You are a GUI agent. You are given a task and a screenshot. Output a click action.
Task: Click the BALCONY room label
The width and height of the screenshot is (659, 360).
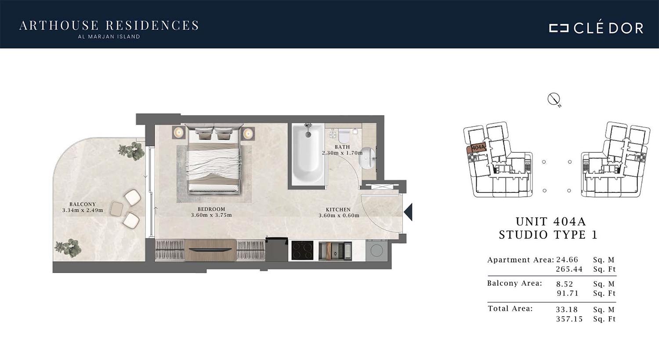pyautogui.click(x=83, y=204)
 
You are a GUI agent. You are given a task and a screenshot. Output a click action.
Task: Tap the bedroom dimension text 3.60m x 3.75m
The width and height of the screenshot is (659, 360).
pyautogui.click(x=211, y=215)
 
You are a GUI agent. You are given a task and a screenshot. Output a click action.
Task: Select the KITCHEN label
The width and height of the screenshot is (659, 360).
pyautogui.click(x=338, y=210)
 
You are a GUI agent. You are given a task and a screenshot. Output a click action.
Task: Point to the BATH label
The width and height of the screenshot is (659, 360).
pyautogui.click(x=342, y=147)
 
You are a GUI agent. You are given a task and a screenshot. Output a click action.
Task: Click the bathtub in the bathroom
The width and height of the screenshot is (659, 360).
pyautogui.click(x=308, y=155)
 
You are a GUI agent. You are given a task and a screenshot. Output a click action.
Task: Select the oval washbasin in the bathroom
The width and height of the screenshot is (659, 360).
pyautogui.click(x=367, y=158)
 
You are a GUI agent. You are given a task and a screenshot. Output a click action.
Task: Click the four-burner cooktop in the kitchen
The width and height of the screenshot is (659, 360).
pyautogui.click(x=302, y=251)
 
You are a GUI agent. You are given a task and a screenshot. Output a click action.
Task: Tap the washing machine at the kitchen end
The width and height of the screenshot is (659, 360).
pyautogui.click(x=377, y=251)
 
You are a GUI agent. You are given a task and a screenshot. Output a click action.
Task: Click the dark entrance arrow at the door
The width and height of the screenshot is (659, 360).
pyautogui.click(x=408, y=212)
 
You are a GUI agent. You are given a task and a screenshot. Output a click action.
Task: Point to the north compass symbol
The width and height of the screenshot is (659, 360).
pyautogui.click(x=554, y=100)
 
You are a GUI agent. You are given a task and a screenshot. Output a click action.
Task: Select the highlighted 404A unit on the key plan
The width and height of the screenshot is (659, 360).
pyautogui.click(x=476, y=148)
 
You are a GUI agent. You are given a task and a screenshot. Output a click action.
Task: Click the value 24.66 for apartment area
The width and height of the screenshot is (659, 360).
pyautogui.click(x=567, y=260)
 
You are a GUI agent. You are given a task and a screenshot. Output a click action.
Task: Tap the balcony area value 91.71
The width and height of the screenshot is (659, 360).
pyautogui.click(x=568, y=293)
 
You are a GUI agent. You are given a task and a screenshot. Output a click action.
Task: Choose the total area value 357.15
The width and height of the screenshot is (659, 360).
pyautogui.click(x=569, y=319)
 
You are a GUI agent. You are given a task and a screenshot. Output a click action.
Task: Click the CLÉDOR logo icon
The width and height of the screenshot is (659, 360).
pyautogui.click(x=559, y=28)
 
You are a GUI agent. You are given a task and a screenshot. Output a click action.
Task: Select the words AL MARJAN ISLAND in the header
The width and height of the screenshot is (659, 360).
pyautogui.click(x=109, y=37)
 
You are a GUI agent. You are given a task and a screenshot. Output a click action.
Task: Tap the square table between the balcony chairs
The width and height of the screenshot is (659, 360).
pyautogui.click(x=116, y=209)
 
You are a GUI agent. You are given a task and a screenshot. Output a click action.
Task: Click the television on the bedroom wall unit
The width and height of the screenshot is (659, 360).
pyautogui.click(x=210, y=250)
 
